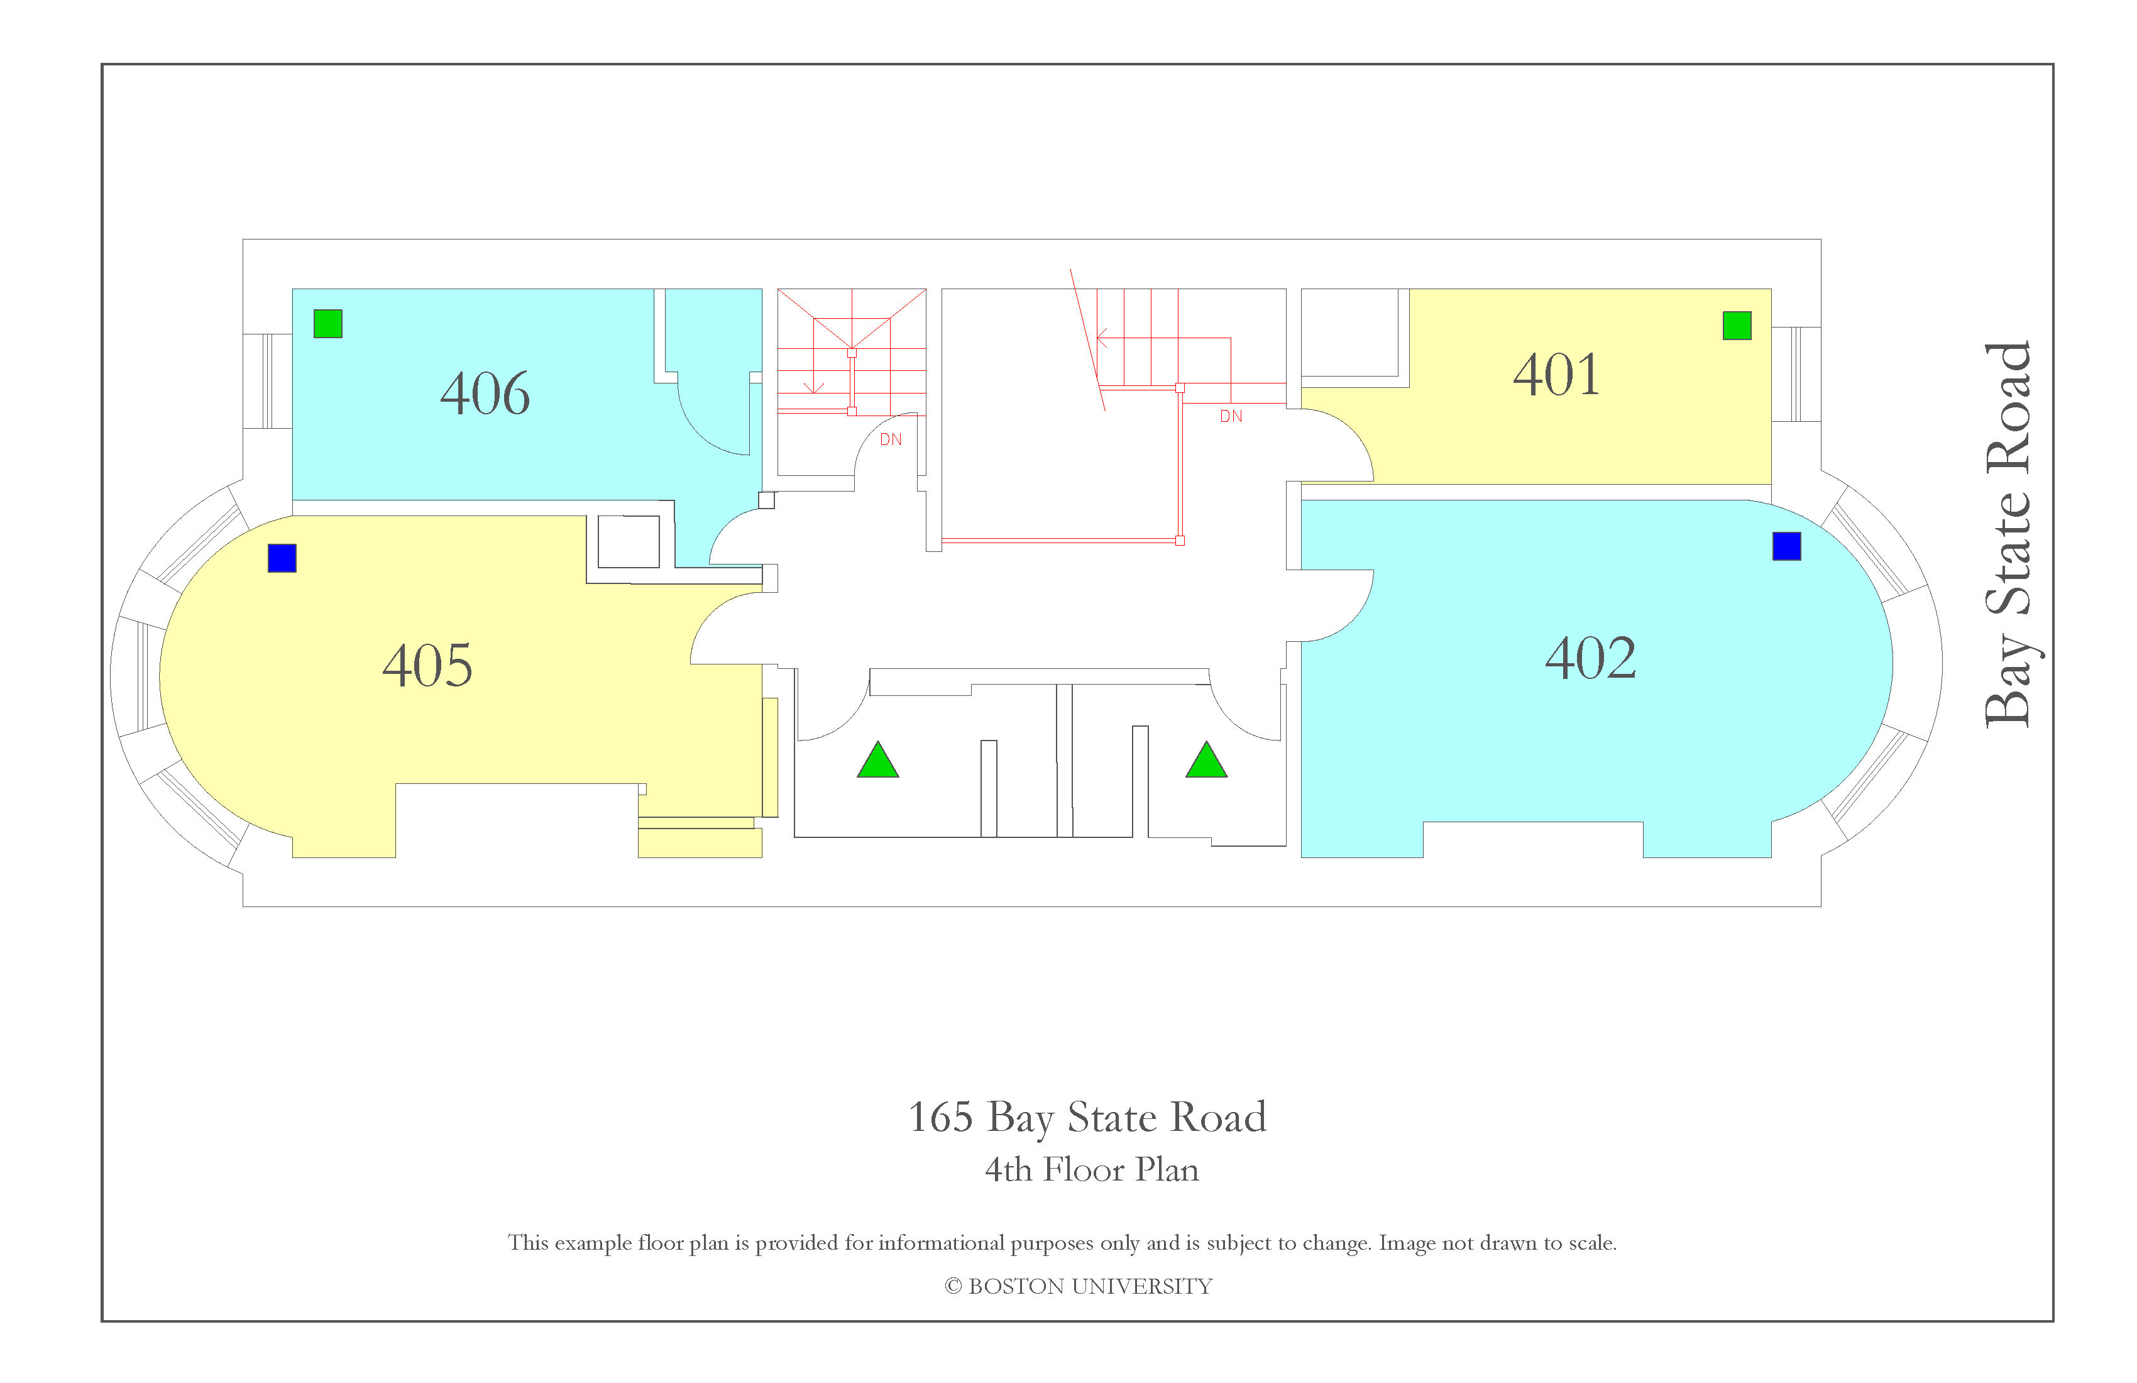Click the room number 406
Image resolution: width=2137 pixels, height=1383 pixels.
coord(485,394)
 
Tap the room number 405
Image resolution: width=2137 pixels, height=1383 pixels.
coord(427,666)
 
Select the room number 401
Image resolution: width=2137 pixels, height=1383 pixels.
coord(1556,375)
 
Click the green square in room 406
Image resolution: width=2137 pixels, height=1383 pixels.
coord(327,323)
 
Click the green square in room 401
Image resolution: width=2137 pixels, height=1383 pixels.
coord(1737,325)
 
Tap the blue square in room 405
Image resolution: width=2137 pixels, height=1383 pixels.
coord(282,558)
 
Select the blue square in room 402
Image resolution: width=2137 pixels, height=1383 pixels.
coord(1786,546)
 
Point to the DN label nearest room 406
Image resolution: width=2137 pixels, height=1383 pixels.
coord(891,440)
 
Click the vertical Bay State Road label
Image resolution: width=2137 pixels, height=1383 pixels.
coord(2008,534)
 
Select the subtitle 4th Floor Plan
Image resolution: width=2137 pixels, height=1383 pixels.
coord(1092,1169)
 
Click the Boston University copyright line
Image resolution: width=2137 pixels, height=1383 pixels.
coord(1079,1286)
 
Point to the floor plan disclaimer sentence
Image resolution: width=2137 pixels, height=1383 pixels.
coord(1062,1243)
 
